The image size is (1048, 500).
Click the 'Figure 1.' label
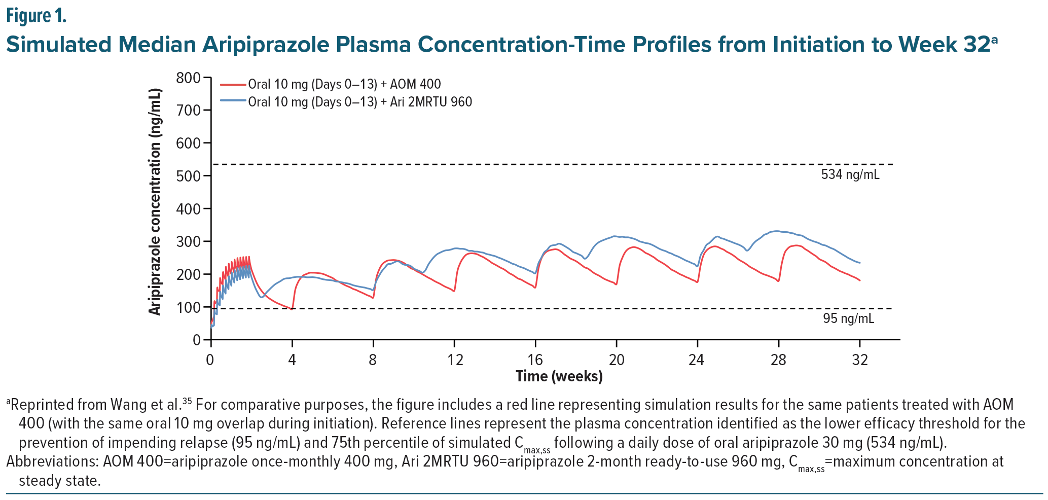point(36,16)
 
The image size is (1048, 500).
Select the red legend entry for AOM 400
point(344,84)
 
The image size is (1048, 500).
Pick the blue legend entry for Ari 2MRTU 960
point(359,102)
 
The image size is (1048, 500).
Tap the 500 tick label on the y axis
point(189,176)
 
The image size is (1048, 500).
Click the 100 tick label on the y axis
point(189,307)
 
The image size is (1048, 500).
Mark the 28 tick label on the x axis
point(778,360)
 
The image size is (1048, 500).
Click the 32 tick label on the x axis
point(860,360)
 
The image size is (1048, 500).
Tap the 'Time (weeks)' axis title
point(559,376)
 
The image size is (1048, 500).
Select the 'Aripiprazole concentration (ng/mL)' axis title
point(155,202)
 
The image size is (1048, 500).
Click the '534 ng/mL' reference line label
point(850,175)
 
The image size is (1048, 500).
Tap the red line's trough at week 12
point(454,291)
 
